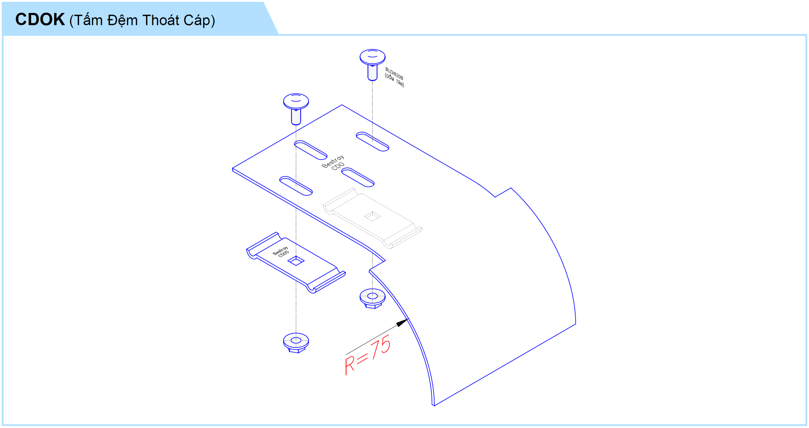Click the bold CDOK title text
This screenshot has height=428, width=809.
pos(40,19)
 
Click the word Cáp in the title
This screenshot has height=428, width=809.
pos(197,20)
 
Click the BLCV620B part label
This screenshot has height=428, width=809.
pos(394,73)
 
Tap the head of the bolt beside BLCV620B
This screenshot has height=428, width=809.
pos(372,57)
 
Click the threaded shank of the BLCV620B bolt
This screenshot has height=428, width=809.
pos(372,73)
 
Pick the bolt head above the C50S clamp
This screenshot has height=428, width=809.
pos(296,101)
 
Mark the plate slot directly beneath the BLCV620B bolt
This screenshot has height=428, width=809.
pos(372,142)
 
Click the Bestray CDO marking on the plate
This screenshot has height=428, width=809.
pos(333,162)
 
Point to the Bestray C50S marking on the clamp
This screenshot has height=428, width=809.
pos(281,252)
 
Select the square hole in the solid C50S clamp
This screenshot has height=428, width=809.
pos(296,261)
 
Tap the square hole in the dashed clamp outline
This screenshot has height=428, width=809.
pos(372,217)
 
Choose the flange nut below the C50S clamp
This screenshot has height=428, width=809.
pos(296,343)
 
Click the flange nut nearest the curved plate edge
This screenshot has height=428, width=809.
pos(372,298)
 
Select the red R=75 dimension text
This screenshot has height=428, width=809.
pos(368,355)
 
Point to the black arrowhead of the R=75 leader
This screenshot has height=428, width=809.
pos(402,323)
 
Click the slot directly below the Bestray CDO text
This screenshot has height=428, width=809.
pos(358,177)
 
